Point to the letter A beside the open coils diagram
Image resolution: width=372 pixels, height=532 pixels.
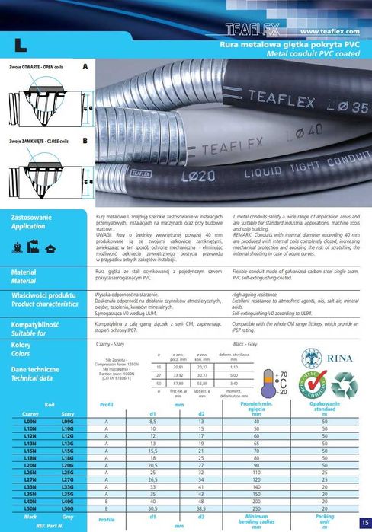pyautogui.click(x=85, y=68)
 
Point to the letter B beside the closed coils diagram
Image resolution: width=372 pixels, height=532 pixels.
pyautogui.click(x=85, y=141)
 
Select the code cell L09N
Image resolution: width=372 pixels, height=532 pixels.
pyautogui.click(x=31, y=420)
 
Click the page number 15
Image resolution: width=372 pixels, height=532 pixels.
pyautogui.click(x=365, y=523)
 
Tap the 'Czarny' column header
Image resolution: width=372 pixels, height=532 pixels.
pyautogui.click(x=31, y=413)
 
